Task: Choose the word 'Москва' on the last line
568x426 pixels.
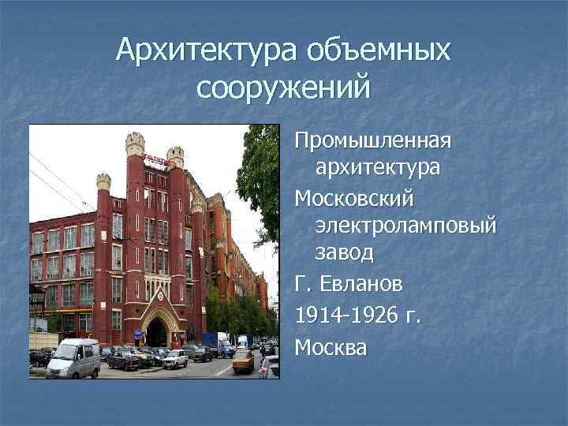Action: [331, 346]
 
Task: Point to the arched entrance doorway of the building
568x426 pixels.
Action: [158, 331]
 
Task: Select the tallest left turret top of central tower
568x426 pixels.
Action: [135, 144]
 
